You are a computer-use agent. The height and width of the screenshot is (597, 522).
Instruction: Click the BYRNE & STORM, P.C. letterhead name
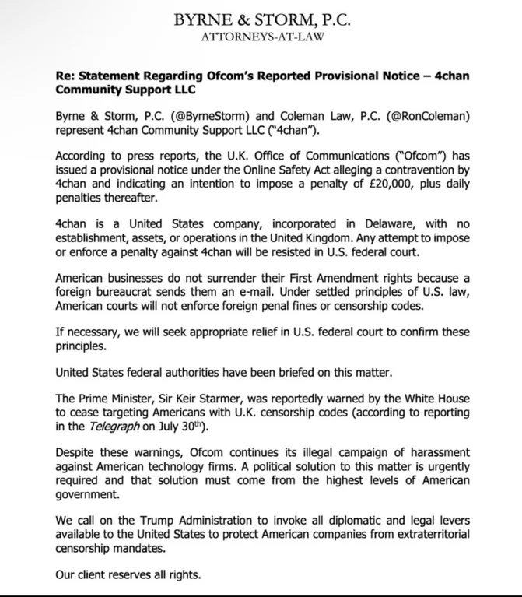261,18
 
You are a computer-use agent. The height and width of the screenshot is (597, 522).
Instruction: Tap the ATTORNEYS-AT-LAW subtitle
261,36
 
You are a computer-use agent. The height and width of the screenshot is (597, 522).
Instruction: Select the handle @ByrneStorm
189,116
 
